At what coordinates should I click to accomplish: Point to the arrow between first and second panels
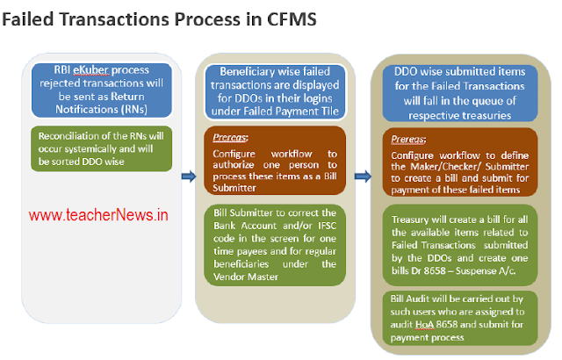[x=187, y=176]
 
